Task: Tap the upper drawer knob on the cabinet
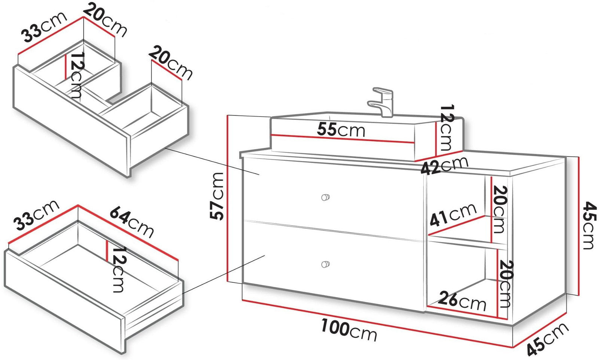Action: pyautogui.click(x=325, y=197)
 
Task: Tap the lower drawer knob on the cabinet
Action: pyautogui.click(x=325, y=264)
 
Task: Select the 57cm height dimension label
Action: pyautogui.click(x=217, y=196)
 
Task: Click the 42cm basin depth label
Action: pyautogui.click(x=444, y=165)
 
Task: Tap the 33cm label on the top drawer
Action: pyautogui.click(x=45, y=27)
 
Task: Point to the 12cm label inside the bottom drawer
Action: pyautogui.click(x=118, y=269)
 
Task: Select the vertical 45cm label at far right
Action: pyautogui.click(x=590, y=226)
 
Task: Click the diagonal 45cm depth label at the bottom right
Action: pyautogui.click(x=547, y=339)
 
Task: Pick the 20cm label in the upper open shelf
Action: pyautogui.click(x=499, y=209)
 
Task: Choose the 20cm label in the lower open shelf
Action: pyautogui.click(x=506, y=284)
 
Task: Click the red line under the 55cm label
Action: pyautogui.click(x=343, y=139)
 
